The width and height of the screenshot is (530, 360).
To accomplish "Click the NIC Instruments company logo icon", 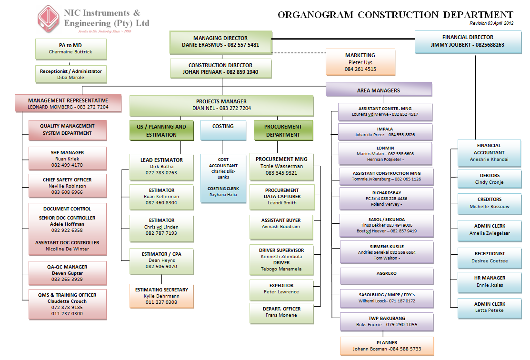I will pos(50,20).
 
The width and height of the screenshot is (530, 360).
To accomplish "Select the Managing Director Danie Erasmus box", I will pos(220,41).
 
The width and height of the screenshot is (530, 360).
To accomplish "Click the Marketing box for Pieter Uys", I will pos(360,62).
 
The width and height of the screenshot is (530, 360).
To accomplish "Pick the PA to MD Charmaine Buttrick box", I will pos(70,49).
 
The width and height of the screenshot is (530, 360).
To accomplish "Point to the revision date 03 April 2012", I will pos(491,23).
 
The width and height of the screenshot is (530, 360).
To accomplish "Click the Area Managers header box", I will pos(379,90).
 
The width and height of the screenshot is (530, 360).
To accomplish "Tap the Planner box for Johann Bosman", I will pos(387,346).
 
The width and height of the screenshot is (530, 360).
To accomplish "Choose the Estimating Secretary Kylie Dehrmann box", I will pos(161,296).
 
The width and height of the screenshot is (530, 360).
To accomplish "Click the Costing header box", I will pos(223,130).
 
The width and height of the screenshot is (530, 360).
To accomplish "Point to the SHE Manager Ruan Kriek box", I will pos(67,159).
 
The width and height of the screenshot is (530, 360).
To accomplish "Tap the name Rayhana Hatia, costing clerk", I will pos(223,194).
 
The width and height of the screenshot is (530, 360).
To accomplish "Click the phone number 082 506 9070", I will pos(161,267).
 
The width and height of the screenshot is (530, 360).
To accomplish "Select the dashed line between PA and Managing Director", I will pos(138,45).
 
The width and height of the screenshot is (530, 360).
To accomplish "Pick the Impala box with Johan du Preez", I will pos(385,131).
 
